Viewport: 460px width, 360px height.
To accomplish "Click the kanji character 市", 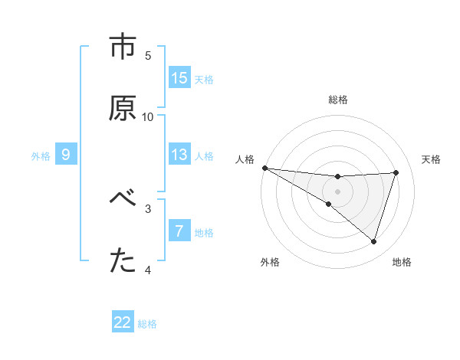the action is coord(123,47).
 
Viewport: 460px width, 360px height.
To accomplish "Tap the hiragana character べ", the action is coord(123,200).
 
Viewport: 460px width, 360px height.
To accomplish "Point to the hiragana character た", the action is coord(123,261).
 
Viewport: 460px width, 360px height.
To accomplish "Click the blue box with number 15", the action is coord(179,78).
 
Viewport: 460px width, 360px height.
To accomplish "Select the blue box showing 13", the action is coord(179,155).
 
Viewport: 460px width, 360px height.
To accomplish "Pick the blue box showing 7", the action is coord(179,231).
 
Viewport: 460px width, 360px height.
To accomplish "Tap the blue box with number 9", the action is coord(66,155).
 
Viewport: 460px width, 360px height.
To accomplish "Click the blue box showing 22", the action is coord(123,322).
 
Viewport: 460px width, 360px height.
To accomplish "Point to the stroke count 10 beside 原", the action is coord(148,116).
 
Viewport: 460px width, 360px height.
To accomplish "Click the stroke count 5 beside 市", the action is coord(148,55).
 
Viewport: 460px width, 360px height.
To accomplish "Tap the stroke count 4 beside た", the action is coord(148,270).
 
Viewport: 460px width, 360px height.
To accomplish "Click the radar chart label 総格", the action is coord(337,100).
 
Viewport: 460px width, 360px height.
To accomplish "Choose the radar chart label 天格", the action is coord(431,159).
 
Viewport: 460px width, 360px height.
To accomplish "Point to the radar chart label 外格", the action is coord(270,262).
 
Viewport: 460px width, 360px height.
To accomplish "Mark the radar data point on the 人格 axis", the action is coord(264,168).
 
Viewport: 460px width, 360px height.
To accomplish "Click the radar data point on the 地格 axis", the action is coord(374,242).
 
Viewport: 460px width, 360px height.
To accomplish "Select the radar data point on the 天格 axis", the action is coord(396,172).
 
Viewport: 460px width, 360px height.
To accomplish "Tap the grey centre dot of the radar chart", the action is coord(337,191).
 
